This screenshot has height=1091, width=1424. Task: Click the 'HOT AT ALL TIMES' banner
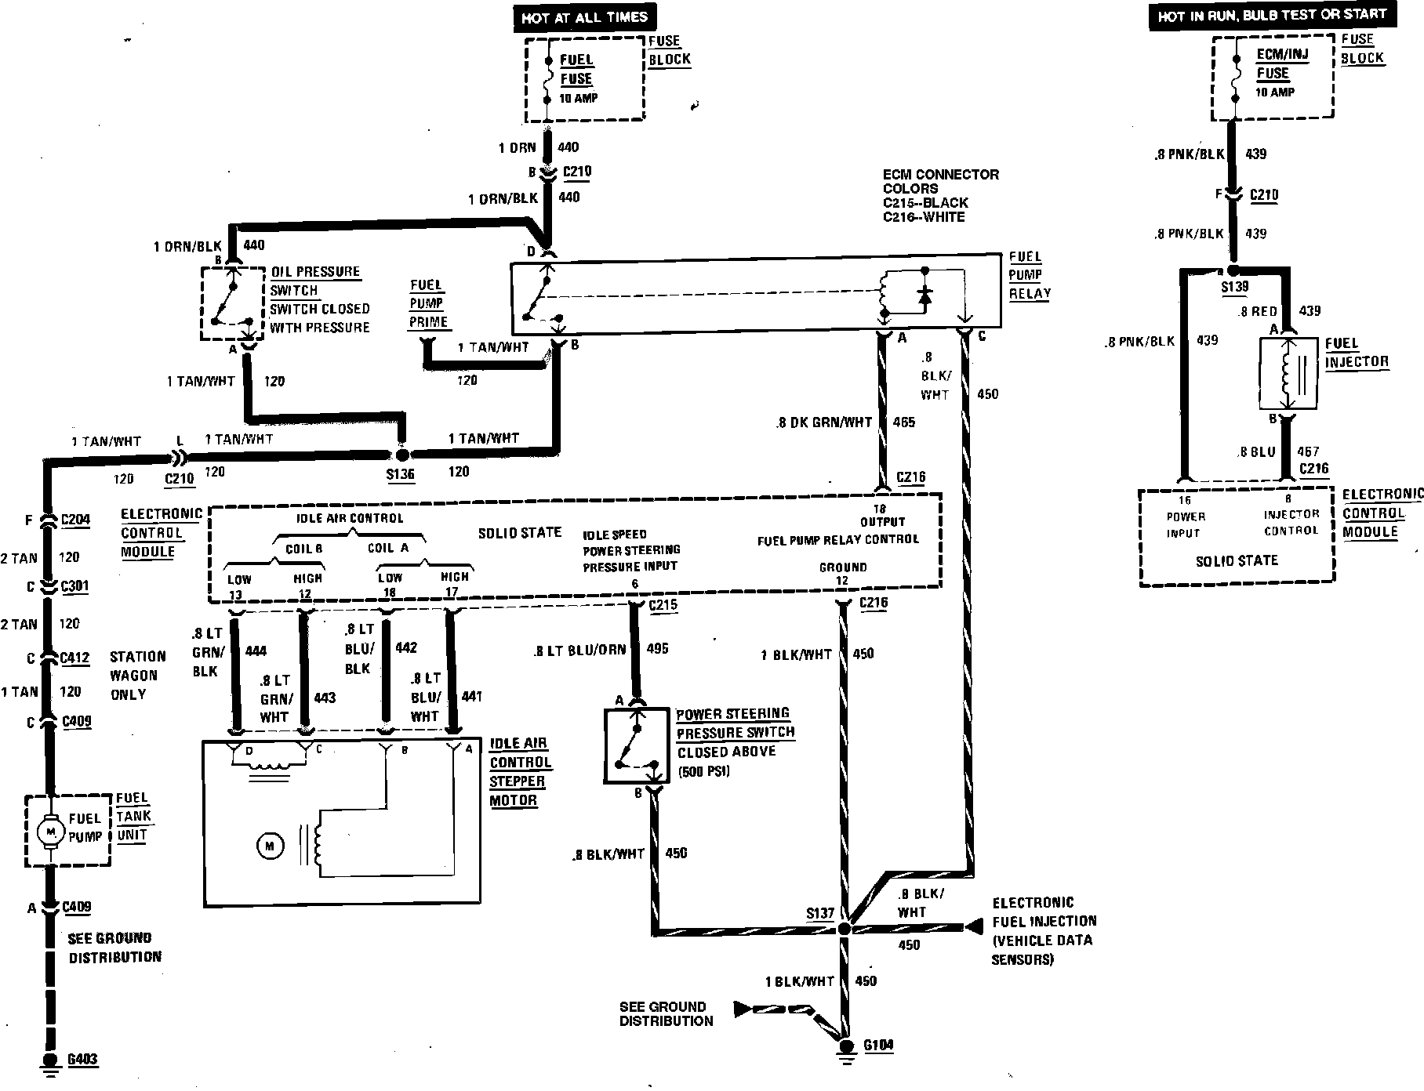[584, 17]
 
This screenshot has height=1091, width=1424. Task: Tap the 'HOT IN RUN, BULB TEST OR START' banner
[1272, 15]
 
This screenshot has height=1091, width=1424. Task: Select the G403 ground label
[82, 1060]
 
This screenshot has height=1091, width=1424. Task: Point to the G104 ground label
[878, 1045]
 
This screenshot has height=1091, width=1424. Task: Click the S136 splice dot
[401, 455]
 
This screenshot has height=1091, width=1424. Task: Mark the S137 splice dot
[845, 929]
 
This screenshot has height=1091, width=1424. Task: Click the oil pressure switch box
[233, 303]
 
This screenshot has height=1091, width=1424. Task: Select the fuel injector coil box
[1288, 374]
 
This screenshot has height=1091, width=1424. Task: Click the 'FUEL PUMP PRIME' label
[427, 303]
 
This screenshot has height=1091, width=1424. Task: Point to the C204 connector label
[75, 520]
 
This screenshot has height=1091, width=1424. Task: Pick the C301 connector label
[75, 586]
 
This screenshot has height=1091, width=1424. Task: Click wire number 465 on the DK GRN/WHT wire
[903, 422]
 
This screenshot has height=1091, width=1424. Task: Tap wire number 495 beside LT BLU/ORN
[657, 649]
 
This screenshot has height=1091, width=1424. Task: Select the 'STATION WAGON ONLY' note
[137, 675]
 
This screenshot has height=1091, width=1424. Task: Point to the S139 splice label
[1234, 287]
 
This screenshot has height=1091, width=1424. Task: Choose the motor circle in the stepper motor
[269, 846]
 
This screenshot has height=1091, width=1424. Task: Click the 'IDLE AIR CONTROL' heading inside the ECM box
[350, 518]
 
